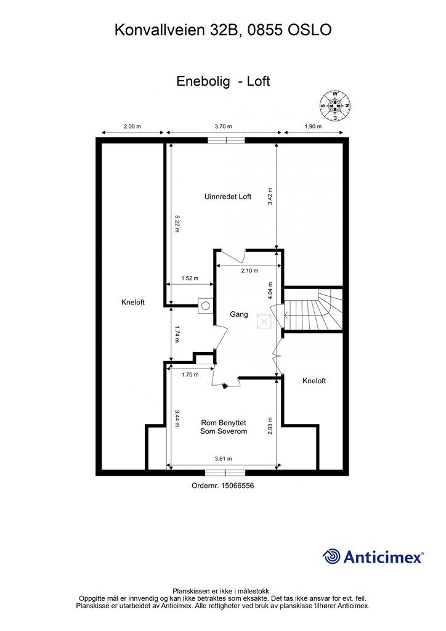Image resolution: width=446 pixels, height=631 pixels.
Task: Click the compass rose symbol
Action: (334, 105)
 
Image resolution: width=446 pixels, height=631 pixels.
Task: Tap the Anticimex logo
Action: (373, 556)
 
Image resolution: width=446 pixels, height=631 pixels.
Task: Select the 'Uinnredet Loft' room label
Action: (227, 197)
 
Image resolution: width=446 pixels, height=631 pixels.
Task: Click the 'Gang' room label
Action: (239, 314)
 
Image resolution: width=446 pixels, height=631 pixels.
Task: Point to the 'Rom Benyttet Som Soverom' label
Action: (224, 427)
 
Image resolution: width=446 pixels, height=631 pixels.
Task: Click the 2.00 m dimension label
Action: (132, 126)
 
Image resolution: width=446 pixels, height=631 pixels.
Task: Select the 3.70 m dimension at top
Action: (223, 126)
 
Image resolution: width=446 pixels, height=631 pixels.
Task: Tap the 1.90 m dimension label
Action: (314, 126)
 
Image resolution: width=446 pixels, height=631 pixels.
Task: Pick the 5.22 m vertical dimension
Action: (177, 222)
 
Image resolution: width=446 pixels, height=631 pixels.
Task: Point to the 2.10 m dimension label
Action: (249, 271)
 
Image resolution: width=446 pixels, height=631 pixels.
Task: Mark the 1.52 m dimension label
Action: (190, 279)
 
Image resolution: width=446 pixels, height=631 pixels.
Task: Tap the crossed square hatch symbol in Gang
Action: (264, 321)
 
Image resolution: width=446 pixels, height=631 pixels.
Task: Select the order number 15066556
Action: (223, 486)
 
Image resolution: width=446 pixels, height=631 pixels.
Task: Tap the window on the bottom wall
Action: (224, 473)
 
